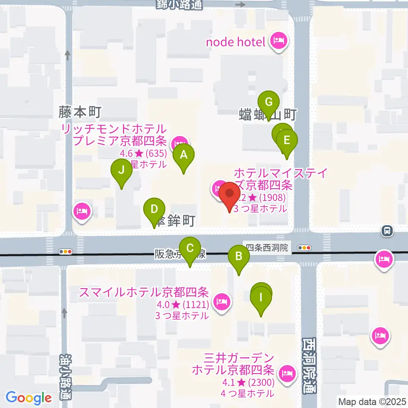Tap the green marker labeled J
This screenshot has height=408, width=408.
click(x=122, y=171)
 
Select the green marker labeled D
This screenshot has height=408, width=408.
click(x=154, y=210)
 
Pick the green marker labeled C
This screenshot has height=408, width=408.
click(x=190, y=248)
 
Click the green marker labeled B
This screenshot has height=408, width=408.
click(x=239, y=257)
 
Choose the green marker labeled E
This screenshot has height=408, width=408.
click(x=287, y=140)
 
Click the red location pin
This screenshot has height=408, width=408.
click(x=229, y=195)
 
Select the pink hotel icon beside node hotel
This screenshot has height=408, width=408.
click(x=279, y=41)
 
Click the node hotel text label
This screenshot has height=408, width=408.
click(x=235, y=42)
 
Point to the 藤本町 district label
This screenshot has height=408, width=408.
click(x=79, y=112)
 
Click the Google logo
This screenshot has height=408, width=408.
click(x=28, y=398)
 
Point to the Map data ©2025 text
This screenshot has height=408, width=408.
click(x=372, y=401)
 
